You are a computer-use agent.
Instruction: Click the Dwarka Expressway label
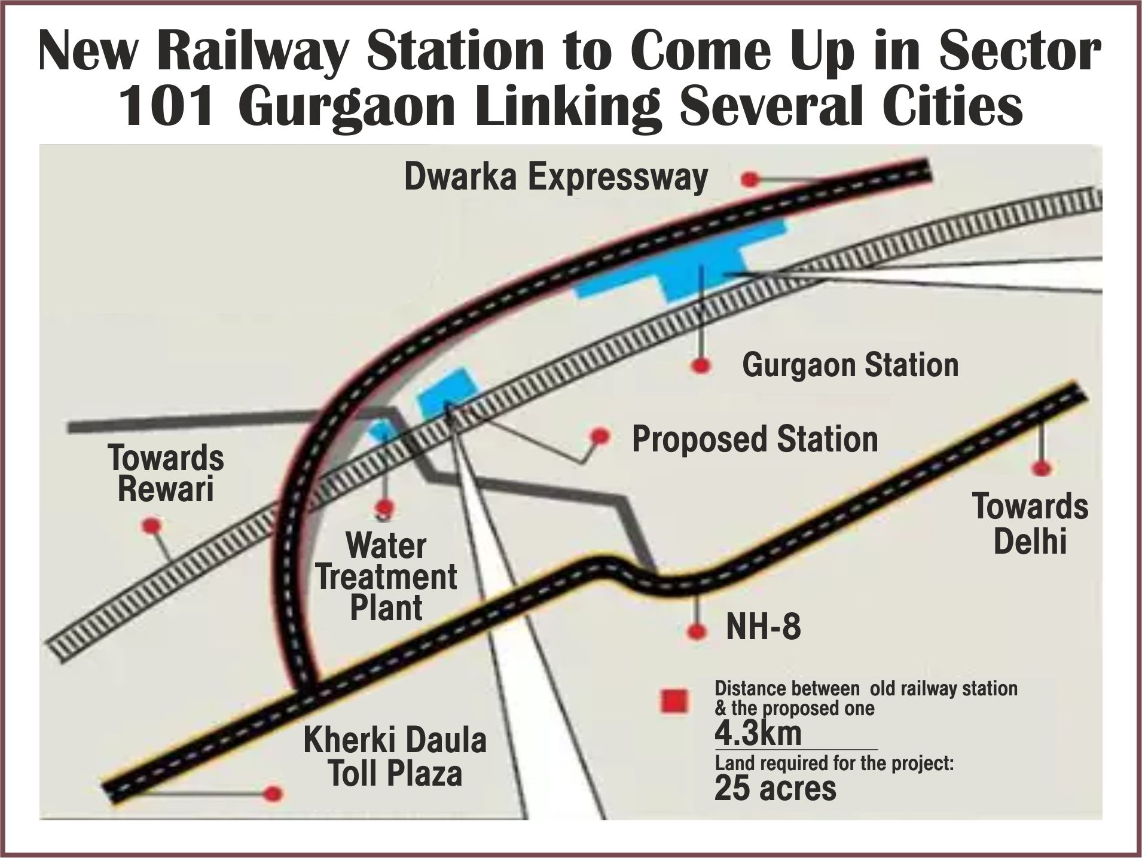(x=556, y=178)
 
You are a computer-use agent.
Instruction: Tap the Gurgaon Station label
(x=850, y=365)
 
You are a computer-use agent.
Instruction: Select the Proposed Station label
(x=755, y=439)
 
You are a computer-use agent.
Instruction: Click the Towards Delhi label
(x=1030, y=523)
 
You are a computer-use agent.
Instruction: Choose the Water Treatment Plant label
(x=386, y=577)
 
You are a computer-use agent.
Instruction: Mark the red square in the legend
(x=674, y=701)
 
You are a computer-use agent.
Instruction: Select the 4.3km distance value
(x=758, y=733)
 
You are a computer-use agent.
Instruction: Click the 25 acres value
(x=775, y=789)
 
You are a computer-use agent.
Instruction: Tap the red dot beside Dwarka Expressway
(x=750, y=179)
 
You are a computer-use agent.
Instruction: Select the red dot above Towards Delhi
(x=1043, y=468)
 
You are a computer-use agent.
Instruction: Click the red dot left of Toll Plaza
(x=273, y=794)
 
